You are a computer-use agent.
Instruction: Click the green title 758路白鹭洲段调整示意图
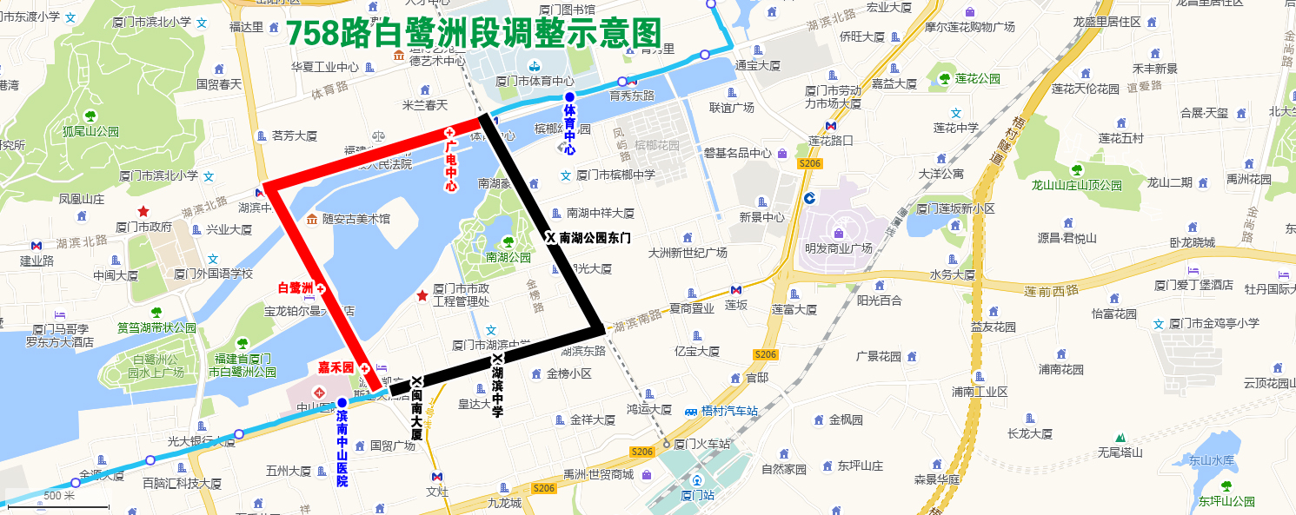point(474,33)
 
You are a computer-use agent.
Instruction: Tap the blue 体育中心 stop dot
point(569,96)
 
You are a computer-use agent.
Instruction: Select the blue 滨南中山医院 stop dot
point(342,402)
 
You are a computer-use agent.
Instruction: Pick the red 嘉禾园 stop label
point(336,368)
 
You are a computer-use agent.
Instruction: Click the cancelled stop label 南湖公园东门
point(595,237)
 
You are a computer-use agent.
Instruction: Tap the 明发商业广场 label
point(838,248)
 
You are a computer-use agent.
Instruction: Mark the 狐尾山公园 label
point(90,132)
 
